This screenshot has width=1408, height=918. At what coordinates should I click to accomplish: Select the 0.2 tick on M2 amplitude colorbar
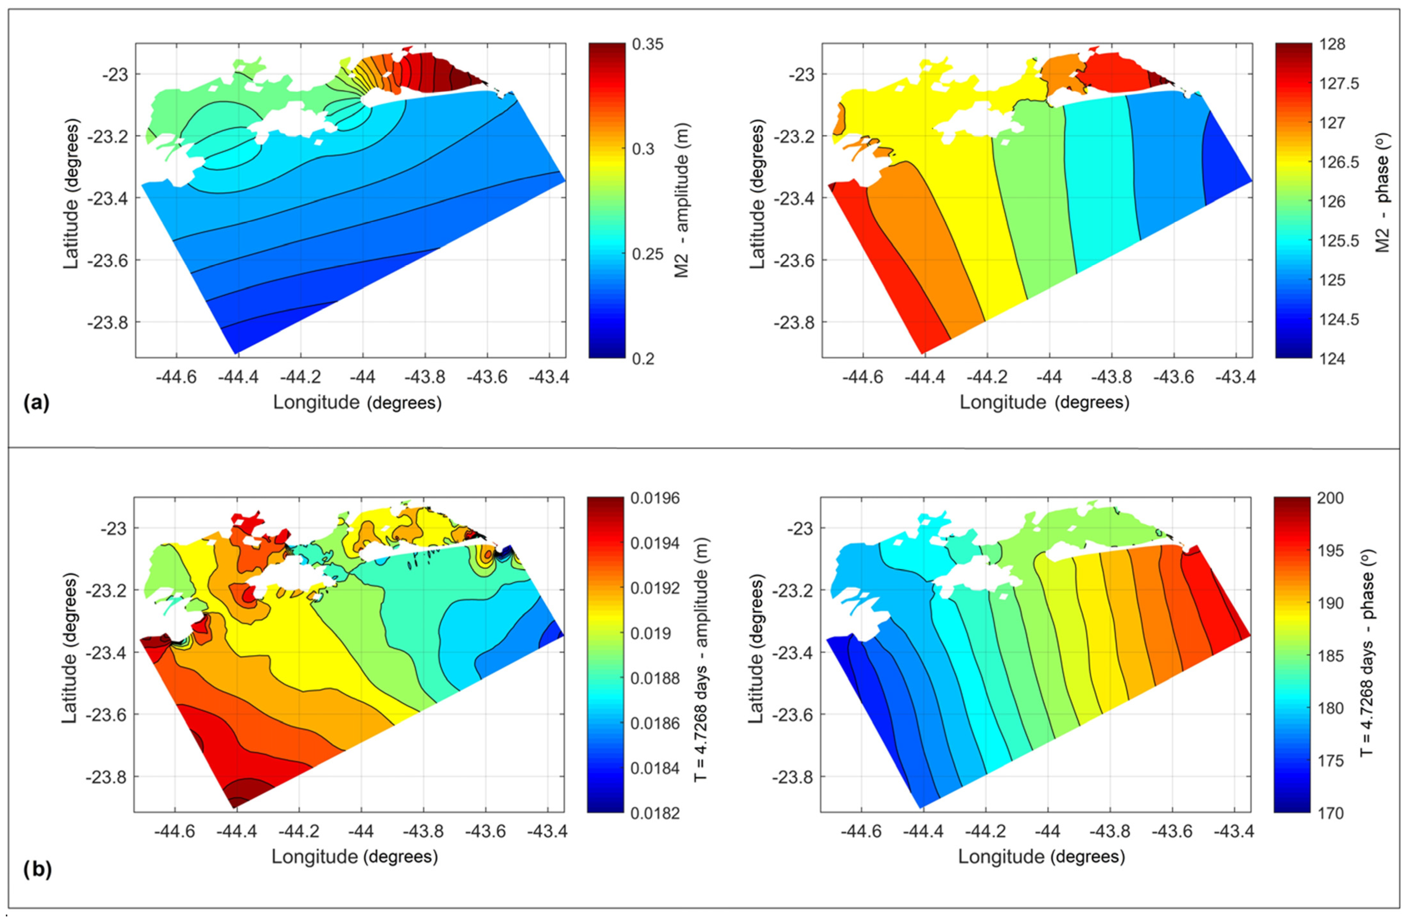tap(643, 359)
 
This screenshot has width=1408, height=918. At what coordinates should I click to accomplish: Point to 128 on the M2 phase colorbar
tap(1332, 44)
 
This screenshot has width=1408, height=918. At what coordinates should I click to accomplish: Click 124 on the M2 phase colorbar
tap(1332, 359)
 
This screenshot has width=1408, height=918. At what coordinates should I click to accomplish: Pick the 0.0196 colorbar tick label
tap(655, 498)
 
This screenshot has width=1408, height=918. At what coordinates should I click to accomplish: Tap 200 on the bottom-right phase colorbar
tap(1329, 498)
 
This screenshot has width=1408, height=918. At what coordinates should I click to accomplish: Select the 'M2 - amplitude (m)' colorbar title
tap(682, 200)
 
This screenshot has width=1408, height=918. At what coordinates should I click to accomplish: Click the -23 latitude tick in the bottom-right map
tap(800, 528)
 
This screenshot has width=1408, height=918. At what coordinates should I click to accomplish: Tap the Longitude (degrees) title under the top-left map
tap(357, 403)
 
